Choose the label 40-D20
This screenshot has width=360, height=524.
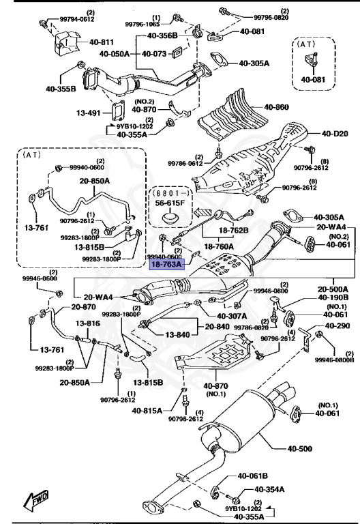[x=335, y=133]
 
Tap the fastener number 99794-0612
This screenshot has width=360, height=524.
[x=76, y=20]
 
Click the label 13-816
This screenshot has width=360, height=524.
[x=88, y=323]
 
